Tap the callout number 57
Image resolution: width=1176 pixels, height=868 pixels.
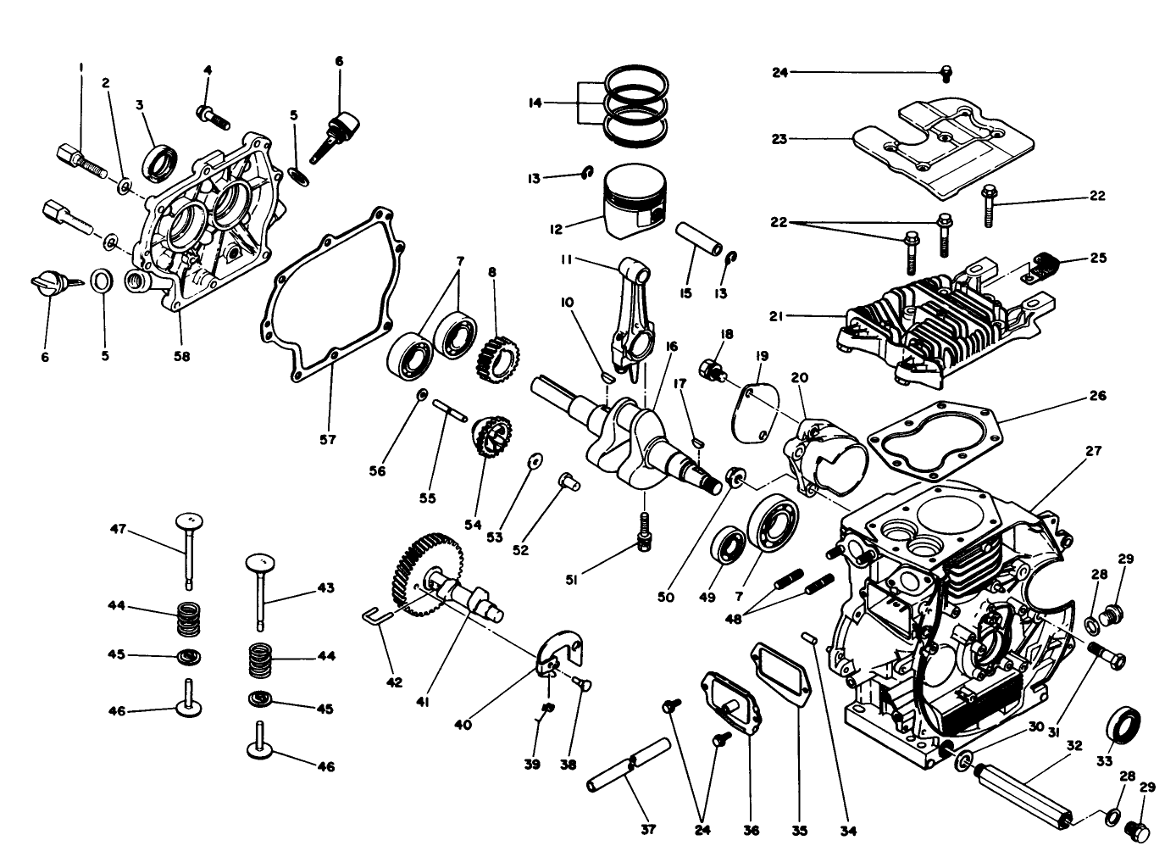328,439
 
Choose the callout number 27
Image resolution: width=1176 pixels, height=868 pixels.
1094,451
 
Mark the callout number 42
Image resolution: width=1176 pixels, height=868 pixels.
395,682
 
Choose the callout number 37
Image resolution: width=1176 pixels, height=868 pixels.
648,830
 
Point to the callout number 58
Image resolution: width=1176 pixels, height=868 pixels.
181,356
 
